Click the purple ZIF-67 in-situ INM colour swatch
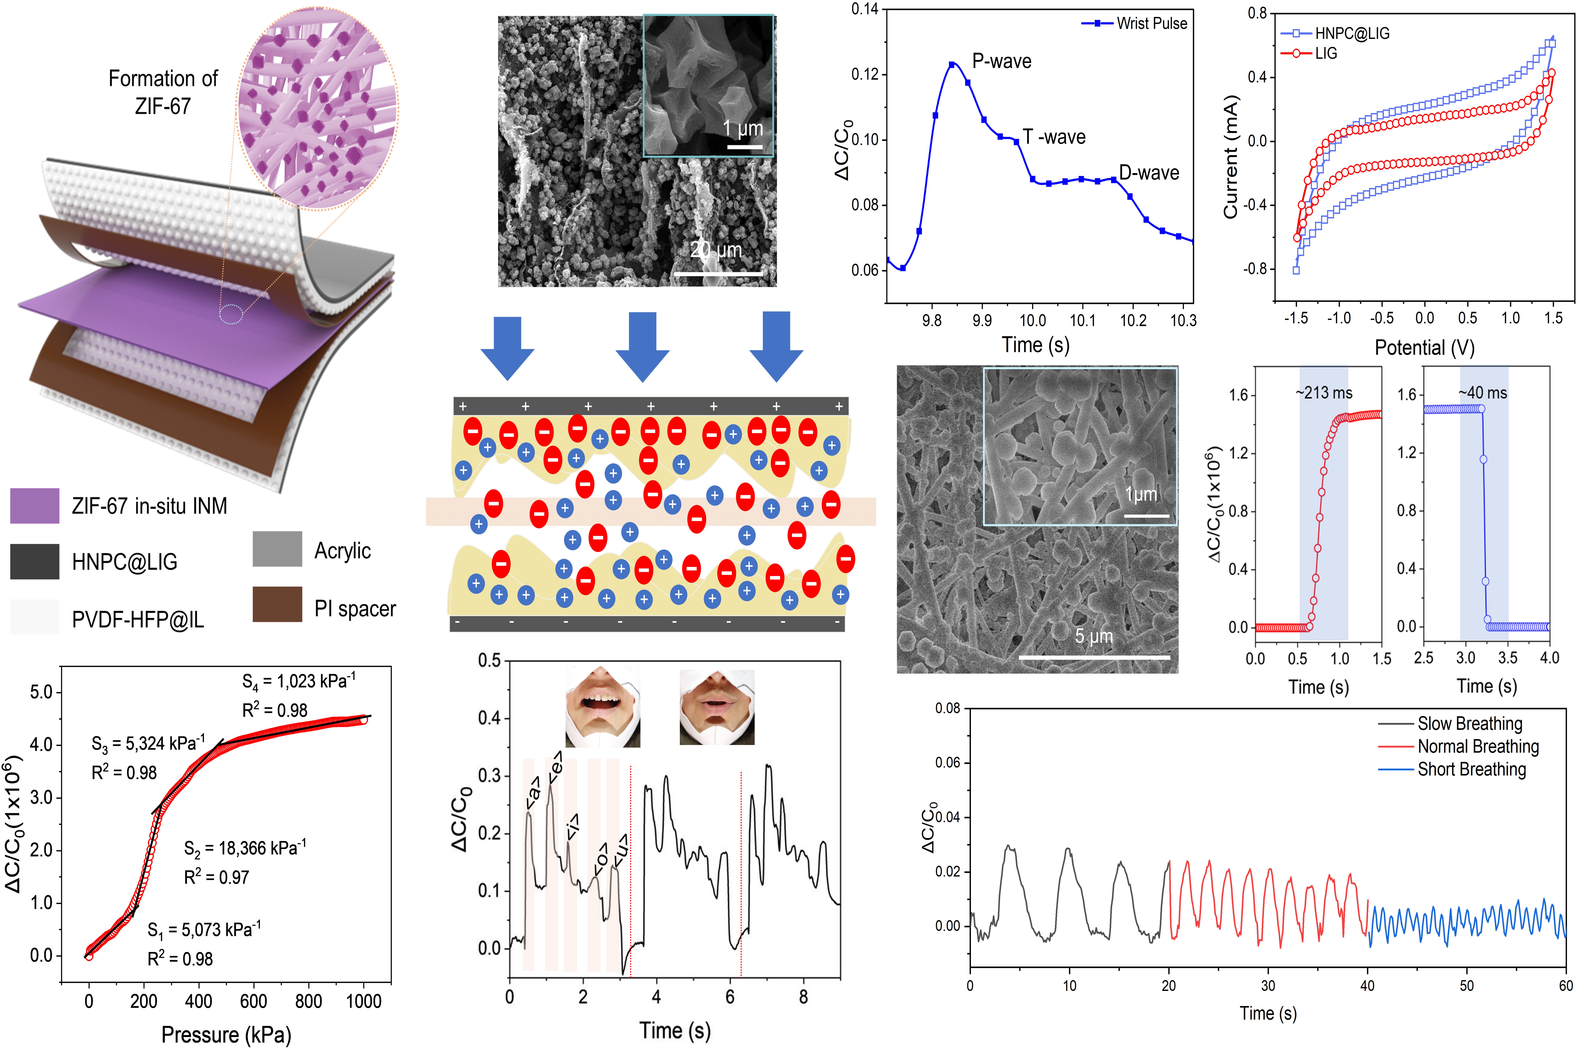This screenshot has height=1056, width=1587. [x=34, y=506]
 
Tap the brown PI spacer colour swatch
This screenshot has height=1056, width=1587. [x=277, y=604]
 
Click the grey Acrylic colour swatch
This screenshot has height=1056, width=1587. [x=277, y=549]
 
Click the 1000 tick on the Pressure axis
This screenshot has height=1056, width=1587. [x=364, y=1001]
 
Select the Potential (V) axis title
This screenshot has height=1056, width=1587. [x=1424, y=347]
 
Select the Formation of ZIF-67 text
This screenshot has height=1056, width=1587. [x=163, y=92]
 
